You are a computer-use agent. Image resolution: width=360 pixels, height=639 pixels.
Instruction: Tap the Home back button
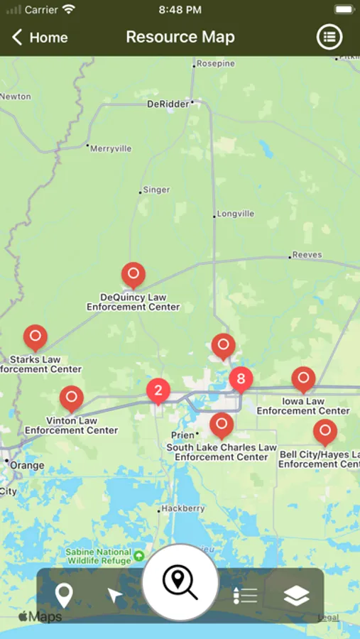(40, 38)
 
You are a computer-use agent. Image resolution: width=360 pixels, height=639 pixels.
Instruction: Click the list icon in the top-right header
(329, 38)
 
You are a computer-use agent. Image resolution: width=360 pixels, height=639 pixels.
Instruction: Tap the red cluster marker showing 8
(241, 379)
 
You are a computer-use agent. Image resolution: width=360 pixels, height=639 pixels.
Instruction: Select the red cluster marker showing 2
(158, 390)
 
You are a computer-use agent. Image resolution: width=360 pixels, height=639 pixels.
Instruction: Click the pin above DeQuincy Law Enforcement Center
(133, 274)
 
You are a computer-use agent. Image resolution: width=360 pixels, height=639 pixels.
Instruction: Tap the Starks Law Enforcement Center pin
(35, 337)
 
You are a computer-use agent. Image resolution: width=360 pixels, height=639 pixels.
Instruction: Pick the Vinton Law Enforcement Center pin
(71, 398)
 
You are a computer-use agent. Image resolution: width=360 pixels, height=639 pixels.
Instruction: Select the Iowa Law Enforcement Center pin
(303, 378)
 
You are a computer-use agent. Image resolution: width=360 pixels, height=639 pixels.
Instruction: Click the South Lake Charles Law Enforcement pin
(222, 425)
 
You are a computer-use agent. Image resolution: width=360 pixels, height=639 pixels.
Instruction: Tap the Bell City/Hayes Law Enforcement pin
(325, 431)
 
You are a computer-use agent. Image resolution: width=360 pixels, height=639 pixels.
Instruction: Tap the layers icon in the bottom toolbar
(296, 596)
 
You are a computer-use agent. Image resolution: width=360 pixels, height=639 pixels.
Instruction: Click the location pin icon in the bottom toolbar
(64, 596)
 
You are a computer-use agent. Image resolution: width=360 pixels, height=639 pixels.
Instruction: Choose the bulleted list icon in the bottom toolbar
(245, 596)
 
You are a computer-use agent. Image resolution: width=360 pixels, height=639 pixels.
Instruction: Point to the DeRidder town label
(168, 104)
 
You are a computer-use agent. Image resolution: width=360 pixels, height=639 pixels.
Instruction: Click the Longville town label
(236, 213)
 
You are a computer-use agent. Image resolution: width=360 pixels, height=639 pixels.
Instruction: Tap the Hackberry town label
(182, 508)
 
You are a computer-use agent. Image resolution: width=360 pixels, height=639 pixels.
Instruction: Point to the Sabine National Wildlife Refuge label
(99, 556)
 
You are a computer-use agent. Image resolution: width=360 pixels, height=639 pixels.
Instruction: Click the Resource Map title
(180, 37)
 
